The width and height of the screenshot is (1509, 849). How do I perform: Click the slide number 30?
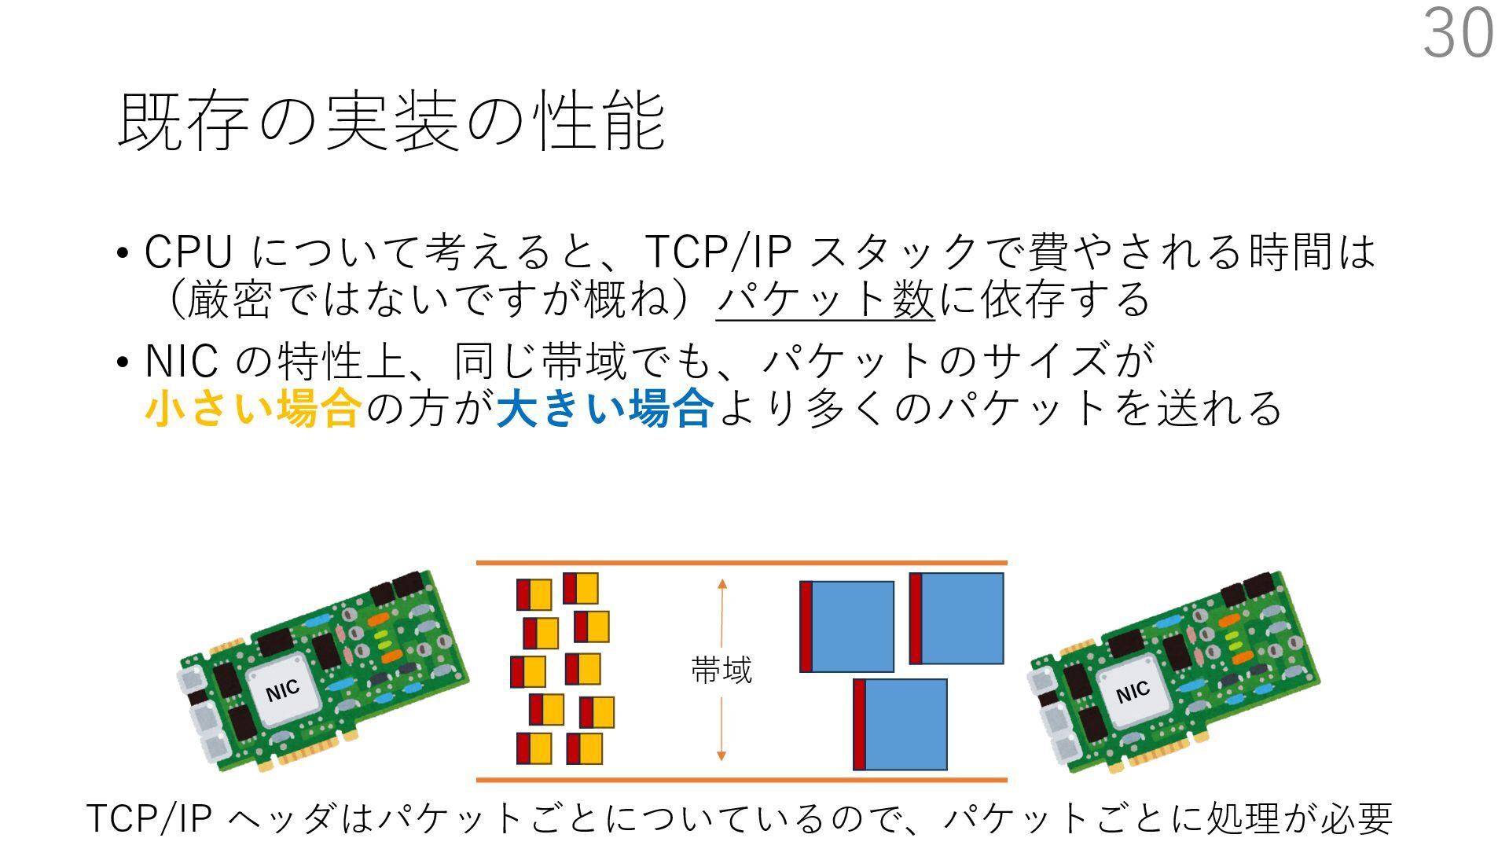coord(1458,33)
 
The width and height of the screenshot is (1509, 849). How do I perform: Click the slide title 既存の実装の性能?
coord(391,121)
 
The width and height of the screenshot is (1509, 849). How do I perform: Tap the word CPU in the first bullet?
coord(189,252)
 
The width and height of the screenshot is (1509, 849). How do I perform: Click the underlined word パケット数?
coord(825,300)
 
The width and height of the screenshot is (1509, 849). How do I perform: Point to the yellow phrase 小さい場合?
coord(253,409)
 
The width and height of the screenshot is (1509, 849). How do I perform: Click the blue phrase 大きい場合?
coord(605,409)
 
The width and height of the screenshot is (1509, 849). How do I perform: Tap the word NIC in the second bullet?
coord(182,362)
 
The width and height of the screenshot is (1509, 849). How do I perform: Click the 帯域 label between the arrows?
coord(721,671)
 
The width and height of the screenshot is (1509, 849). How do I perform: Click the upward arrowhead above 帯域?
coord(722,584)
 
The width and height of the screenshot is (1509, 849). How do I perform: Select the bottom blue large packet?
coord(901,724)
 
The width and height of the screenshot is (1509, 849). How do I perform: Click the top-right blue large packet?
coord(957,619)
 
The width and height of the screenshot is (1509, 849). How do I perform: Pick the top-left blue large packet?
coord(847,627)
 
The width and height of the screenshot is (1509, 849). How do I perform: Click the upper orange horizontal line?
coord(741,563)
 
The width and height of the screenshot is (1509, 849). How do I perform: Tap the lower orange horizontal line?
coord(741,780)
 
